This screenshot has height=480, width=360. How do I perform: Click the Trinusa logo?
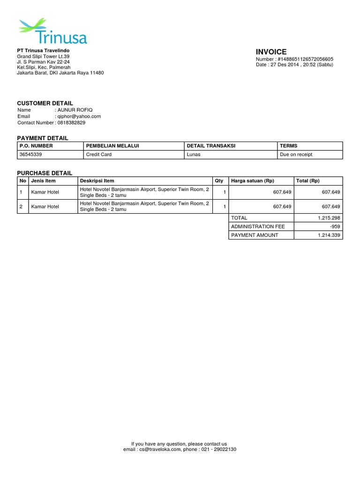point(52,32)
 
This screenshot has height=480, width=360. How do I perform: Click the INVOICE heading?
point(271,52)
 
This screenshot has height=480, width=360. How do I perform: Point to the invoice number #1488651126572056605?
point(305,59)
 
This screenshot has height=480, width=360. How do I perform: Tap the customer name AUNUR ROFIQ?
point(72,110)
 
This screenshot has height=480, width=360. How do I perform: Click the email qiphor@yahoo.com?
point(79,116)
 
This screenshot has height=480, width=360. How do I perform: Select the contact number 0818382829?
point(71,122)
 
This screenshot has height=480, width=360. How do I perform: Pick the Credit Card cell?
point(98,154)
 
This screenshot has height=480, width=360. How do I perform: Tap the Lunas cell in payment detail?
point(193,154)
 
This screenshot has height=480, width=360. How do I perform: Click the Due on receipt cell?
point(296,154)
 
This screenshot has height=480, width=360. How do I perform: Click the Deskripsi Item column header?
point(97,180)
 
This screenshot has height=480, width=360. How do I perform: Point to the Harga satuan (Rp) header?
point(253,180)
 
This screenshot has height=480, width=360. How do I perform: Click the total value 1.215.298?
point(329,218)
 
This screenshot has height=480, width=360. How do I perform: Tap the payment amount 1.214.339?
point(329,235)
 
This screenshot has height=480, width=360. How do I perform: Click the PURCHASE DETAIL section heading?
point(45,173)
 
